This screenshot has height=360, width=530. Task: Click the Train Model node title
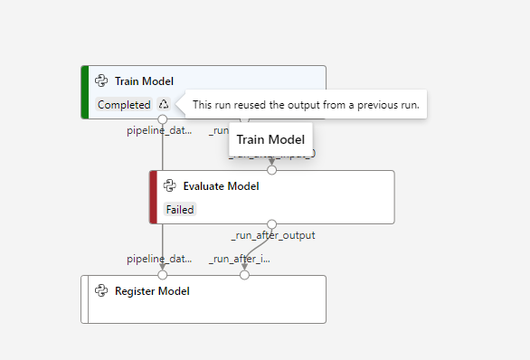[144, 81]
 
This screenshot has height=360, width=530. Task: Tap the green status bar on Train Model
[84, 92]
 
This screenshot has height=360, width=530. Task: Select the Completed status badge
[124, 104]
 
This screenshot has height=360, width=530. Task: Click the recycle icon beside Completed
[163, 104]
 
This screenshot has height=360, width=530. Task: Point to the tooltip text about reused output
[306, 105]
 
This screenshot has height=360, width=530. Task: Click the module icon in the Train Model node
[102, 81]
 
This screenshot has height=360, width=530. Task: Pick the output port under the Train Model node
[163, 119]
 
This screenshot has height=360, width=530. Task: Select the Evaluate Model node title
[221, 186]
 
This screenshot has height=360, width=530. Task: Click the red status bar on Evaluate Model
[153, 197]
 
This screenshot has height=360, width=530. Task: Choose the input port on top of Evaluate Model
[271, 170]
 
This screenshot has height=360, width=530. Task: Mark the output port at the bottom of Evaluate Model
[271, 223]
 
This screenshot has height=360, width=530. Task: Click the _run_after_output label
[273, 236]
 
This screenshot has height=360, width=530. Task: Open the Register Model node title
[152, 291]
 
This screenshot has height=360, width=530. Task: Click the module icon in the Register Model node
[102, 291]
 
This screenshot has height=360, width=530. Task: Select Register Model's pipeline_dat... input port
[163, 275]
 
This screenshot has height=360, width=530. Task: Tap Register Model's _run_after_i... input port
[244, 275]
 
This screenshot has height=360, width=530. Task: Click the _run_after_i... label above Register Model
[240, 260]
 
